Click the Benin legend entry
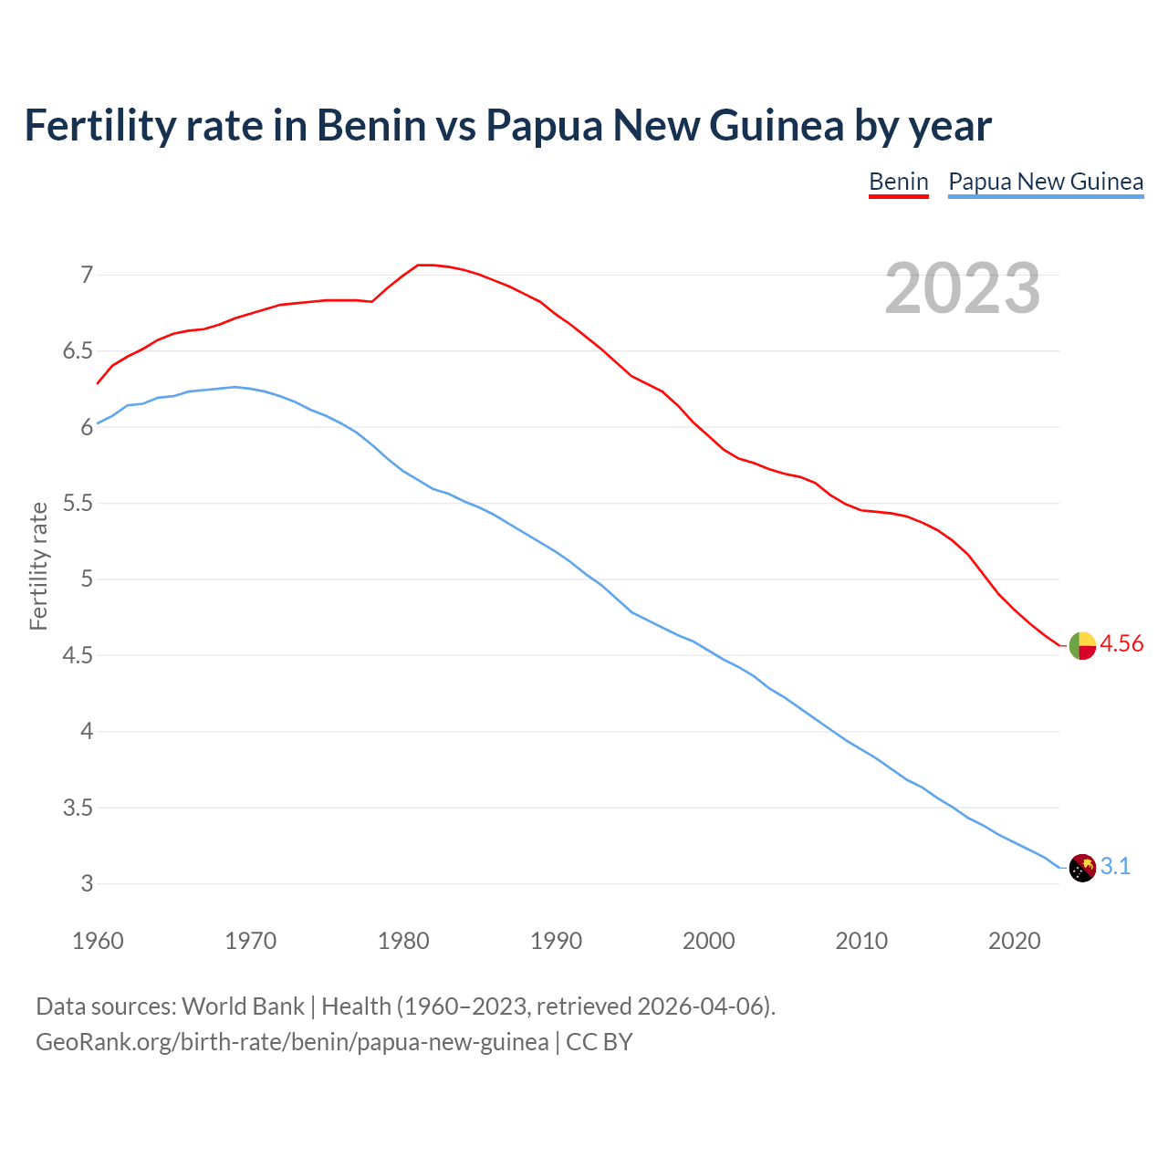pos(898,182)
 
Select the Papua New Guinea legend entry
pos(1046,182)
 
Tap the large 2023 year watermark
pos(963,288)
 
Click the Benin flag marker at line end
pos(1082,645)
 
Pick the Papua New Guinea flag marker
pos(1082,868)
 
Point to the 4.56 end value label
pos(1121,643)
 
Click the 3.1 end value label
pos(1115,866)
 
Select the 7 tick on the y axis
pos(87,275)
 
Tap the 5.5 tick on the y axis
pos(78,503)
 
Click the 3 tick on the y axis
pos(87,883)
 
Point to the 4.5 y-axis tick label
pos(78,655)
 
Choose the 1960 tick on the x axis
pos(98,941)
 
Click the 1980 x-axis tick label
pos(403,941)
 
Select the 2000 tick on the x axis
pos(708,941)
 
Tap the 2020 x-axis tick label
pos(1014,941)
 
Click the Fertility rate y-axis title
pos(38,566)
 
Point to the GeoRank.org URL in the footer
pos(292,1041)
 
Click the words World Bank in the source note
pos(243,1006)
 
